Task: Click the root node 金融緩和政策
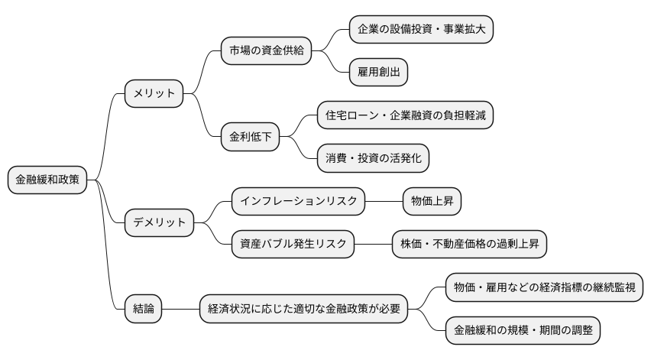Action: (x=47, y=180)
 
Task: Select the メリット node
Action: (x=154, y=94)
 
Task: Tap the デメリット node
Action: (x=160, y=223)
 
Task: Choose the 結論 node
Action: (x=143, y=310)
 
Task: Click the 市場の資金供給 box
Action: (x=265, y=51)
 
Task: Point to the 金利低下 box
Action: (x=250, y=138)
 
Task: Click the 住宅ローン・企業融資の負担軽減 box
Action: (x=405, y=115)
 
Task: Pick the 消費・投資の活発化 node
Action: (x=374, y=158)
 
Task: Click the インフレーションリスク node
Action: (x=299, y=202)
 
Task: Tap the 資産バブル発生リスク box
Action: (x=293, y=245)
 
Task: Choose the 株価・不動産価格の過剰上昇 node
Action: (x=469, y=245)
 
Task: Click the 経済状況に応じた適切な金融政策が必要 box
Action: (x=303, y=310)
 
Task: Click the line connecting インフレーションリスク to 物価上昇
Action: (x=384, y=202)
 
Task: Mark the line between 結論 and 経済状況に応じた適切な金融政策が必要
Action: (x=180, y=310)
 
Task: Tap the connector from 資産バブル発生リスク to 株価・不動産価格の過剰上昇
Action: (x=373, y=245)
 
